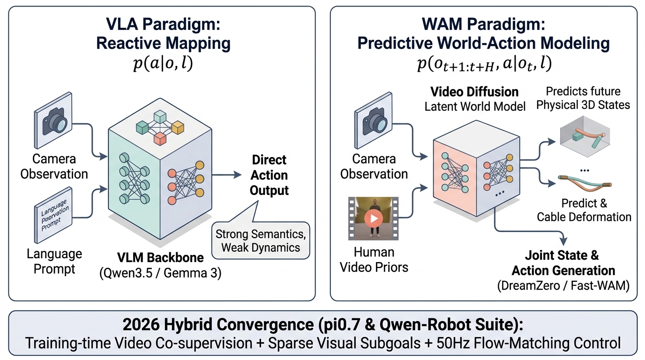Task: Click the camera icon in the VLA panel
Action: coord(53,120)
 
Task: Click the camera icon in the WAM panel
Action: coord(374,120)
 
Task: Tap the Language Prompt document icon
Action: coord(53,216)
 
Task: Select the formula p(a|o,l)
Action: coord(163,63)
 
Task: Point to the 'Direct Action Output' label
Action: coord(269,175)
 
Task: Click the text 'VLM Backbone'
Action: coord(160,257)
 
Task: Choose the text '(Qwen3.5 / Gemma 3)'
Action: coord(160,273)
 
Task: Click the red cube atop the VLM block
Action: coord(160,139)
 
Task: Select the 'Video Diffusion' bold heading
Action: coord(474,92)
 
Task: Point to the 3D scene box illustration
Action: coord(585,136)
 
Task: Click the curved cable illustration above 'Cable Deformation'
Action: coord(585,183)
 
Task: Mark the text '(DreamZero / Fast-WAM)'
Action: coord(563,285)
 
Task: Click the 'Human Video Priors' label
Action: coord(374,260)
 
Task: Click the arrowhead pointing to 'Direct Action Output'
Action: coord(238,174)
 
